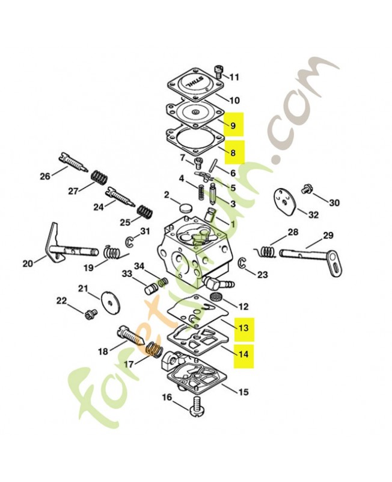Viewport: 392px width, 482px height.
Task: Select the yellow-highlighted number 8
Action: pyautogui.click(x=234, y=153)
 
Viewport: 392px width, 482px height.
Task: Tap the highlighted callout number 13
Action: pyautogui.click(x=243, y=328)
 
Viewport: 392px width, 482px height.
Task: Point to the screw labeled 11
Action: pyautogui.click(x=219, y=75)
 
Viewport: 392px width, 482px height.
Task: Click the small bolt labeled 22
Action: pyautogui.click(x=92, y=313)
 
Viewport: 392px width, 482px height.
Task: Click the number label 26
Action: pyautogui.click(x=45, y=177)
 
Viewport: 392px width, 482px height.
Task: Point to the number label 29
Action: pyautogui.click(x=328, y=235)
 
